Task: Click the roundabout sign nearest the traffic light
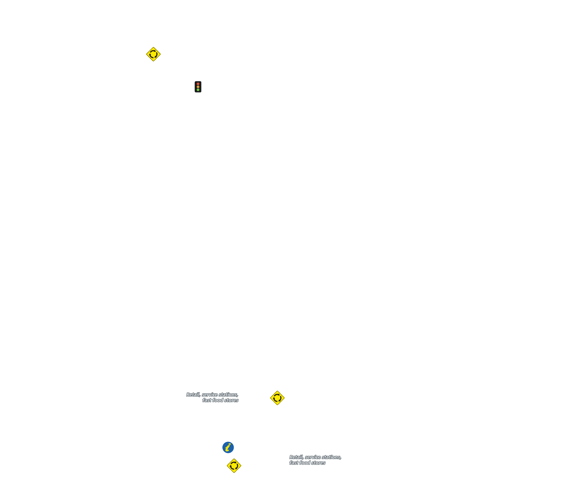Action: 153,54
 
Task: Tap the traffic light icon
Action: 198,87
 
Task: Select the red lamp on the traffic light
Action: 198,84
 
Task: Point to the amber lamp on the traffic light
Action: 198,87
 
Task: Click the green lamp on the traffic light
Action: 198,90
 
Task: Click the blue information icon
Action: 228,447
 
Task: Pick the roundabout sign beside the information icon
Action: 234,466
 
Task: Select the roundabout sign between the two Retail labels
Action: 277,398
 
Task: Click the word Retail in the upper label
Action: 193,395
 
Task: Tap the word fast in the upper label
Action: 207,400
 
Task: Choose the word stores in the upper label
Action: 231,400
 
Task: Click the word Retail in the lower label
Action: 296,457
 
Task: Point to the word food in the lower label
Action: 305,463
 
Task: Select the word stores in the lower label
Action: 318,463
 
